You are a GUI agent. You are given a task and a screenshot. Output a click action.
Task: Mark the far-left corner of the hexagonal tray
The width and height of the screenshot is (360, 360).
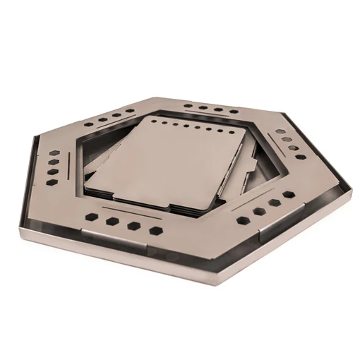click(x=31, y=140)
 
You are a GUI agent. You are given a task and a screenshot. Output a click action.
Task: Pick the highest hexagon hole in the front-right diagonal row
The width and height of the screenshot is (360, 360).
click(x=289, y=193)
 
